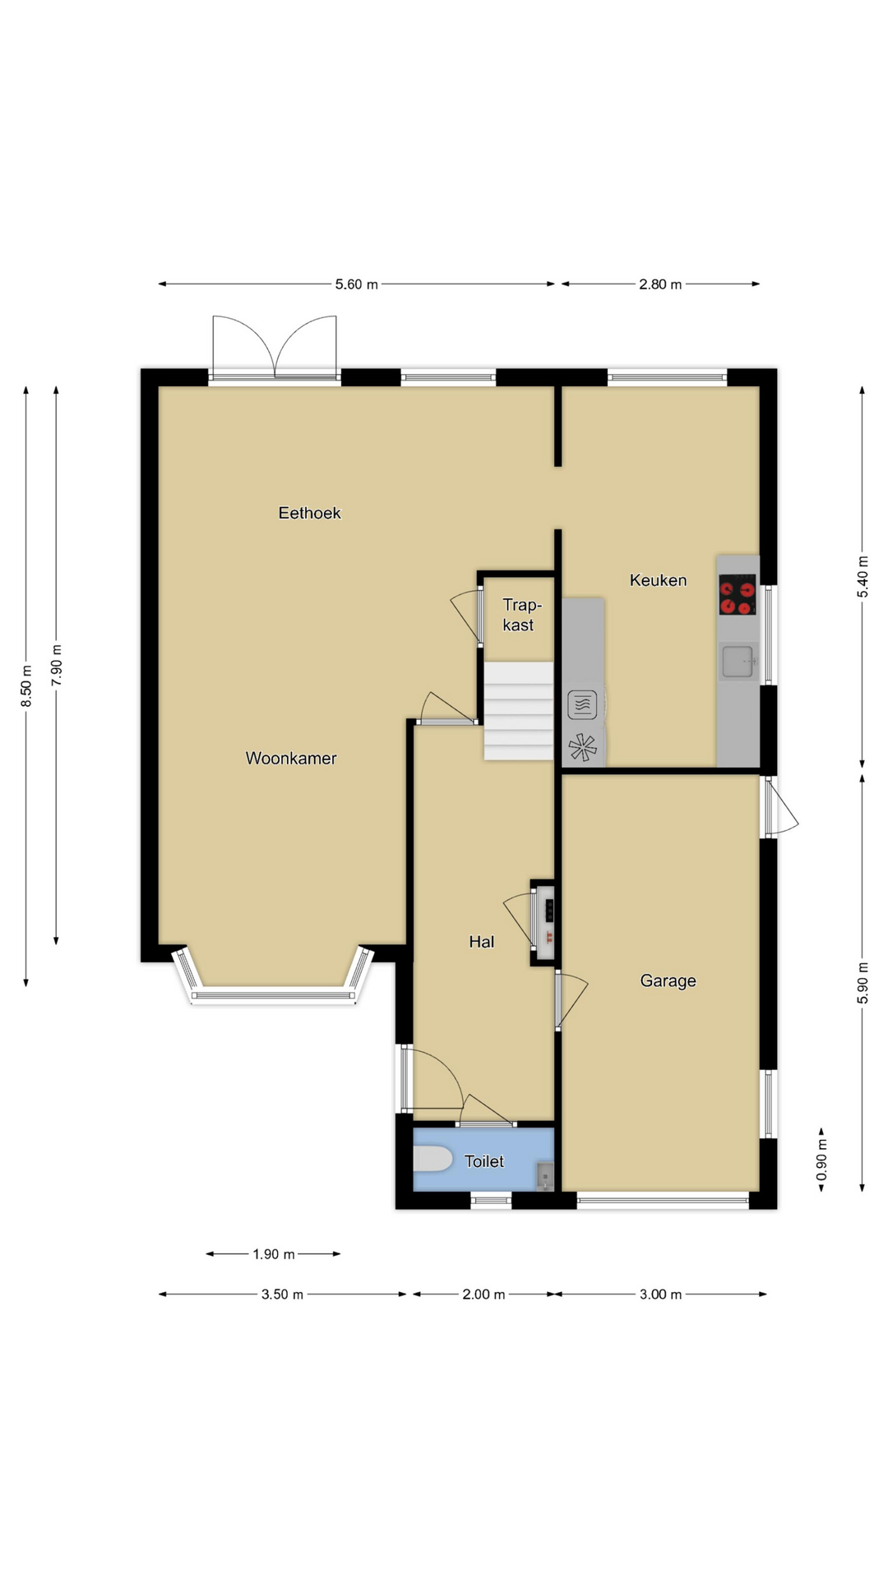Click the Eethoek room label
309,513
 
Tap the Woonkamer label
291,759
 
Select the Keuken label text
658,580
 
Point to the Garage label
668,981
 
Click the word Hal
482,942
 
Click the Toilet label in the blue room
484,1161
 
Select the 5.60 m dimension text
357,284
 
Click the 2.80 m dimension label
660,284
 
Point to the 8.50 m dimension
26,685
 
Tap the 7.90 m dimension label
56,665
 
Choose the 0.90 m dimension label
821,1160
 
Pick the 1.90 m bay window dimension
274,1254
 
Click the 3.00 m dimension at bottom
660,1294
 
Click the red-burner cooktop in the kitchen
738,594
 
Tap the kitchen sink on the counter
738,662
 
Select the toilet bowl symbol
432,1159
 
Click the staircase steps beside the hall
519,711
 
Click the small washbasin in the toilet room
545,1176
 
